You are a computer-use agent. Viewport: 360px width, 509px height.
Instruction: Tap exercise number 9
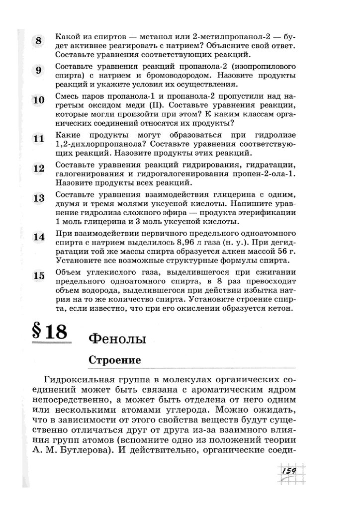[x=39, y=71]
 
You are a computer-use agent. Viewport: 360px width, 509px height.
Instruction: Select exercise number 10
[x=38, y=100]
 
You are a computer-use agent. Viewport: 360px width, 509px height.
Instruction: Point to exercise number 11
[x=38, y=139]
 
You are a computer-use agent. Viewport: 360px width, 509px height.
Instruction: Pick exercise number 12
[x=38, y=168]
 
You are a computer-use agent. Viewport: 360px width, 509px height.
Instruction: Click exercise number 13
[x=38, y=198]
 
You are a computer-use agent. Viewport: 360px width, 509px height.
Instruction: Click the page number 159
[x=288, y=471]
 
